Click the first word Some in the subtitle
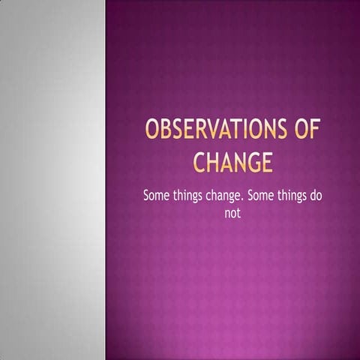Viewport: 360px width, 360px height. tap(157, 196)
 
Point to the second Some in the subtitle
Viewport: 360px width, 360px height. tap(265, 196)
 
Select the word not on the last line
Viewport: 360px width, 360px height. tap(232, 213)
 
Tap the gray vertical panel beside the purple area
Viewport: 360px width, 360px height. tap(52, 180)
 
